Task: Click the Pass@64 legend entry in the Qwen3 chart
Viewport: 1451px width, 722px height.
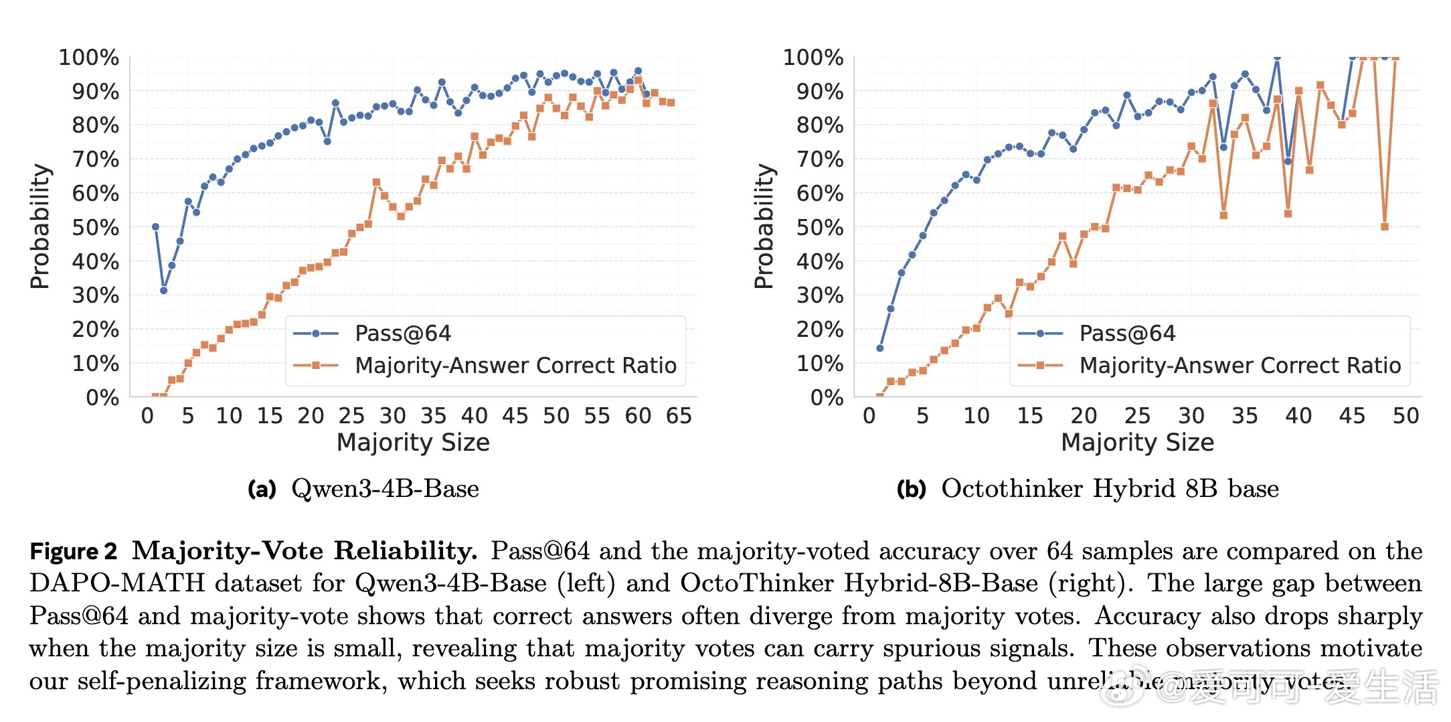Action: [402, 334]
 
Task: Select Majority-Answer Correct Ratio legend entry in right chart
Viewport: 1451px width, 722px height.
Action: [1240, 366]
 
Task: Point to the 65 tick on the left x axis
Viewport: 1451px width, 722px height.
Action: [679, 416]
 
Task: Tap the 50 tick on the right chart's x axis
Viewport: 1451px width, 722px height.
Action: [1405, 416]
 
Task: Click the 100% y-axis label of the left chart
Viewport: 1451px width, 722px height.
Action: [89, 58]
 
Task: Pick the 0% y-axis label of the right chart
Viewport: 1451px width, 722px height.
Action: [827, 398]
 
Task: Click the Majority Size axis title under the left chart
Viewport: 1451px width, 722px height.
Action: [413, 443]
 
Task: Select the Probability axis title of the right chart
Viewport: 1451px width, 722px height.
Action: [764, 226]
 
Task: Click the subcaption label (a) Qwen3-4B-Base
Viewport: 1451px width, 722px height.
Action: [363, 489]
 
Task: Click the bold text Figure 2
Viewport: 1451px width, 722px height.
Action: [74, 551]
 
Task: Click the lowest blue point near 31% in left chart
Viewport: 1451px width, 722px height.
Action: [163, 290]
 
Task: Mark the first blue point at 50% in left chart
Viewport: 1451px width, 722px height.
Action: [155, 227]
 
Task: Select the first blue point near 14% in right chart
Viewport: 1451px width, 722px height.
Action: [879, 348]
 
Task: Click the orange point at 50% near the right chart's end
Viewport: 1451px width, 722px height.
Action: [1385, 226]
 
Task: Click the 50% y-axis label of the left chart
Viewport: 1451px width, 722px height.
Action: [96, 228]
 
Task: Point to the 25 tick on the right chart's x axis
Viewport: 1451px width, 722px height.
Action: [1137, 416]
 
